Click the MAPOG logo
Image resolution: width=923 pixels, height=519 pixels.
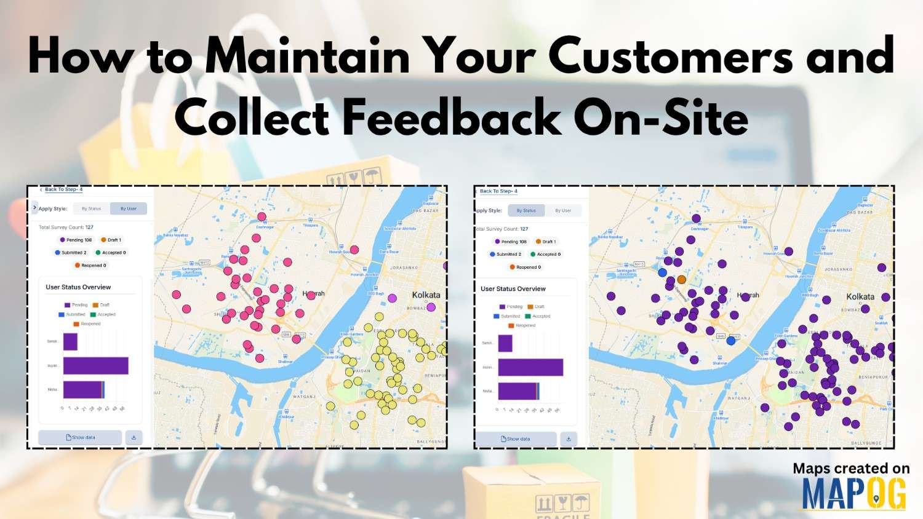(x=853, y=494)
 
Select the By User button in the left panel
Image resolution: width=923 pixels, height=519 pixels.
(x=129, y=208)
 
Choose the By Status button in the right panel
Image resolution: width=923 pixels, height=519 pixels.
(x=526, y=210)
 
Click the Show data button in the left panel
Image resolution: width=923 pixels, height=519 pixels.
(x=81, y=437)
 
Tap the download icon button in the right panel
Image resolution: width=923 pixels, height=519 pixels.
(x=569, y=439)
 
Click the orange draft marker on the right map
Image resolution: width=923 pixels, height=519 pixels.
(x=681, y=280)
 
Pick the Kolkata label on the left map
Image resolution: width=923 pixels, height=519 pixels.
(x=426, y=295)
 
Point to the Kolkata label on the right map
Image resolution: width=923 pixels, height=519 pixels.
(x=860, y=296)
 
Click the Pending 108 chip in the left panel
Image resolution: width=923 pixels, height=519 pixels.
(x=76, y=240)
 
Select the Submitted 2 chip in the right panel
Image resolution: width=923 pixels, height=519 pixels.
(x=506, y=254)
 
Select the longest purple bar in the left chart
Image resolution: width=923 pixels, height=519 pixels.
(x=95, y=366)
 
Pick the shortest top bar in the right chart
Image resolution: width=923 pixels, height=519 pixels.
(x=505, y=343)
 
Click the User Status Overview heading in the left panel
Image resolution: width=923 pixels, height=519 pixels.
(x=78, y=287)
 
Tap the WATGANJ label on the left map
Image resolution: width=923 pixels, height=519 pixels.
(x=303, y=397)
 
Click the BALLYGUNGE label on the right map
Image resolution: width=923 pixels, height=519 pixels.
(x=866, y=443)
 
